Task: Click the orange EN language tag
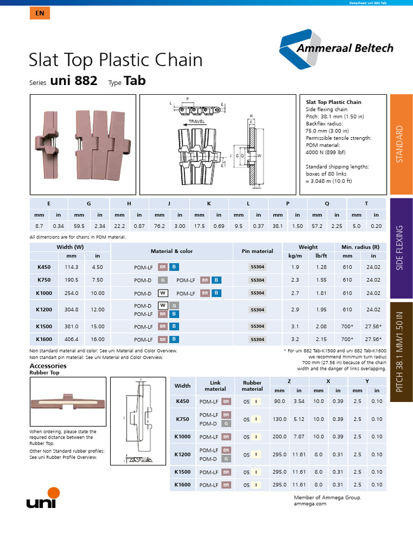coord(39,13)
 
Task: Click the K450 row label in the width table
coord(44,267)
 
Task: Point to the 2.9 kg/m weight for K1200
coord(295,310)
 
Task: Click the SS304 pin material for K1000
coord(258,293)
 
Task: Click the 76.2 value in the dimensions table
coord(159,227)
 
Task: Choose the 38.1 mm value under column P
coord(278,227)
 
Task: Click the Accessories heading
coord(48,366)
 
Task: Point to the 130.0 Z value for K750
coord(280,419)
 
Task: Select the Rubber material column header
coord(252,386)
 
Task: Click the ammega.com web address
coord(310,504)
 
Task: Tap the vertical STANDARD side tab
coord(400,144)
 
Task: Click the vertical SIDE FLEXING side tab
coord(400,249)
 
